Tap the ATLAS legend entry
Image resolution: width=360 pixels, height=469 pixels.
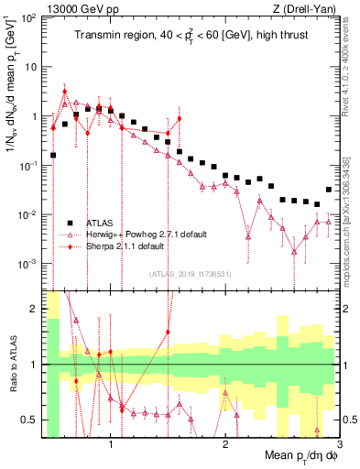tap(100, 223)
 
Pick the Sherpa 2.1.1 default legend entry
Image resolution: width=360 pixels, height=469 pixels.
tap(123, 246)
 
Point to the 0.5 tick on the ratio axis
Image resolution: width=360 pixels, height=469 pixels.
tap(28, 420)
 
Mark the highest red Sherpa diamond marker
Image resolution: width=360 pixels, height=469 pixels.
tap(64, 91)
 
